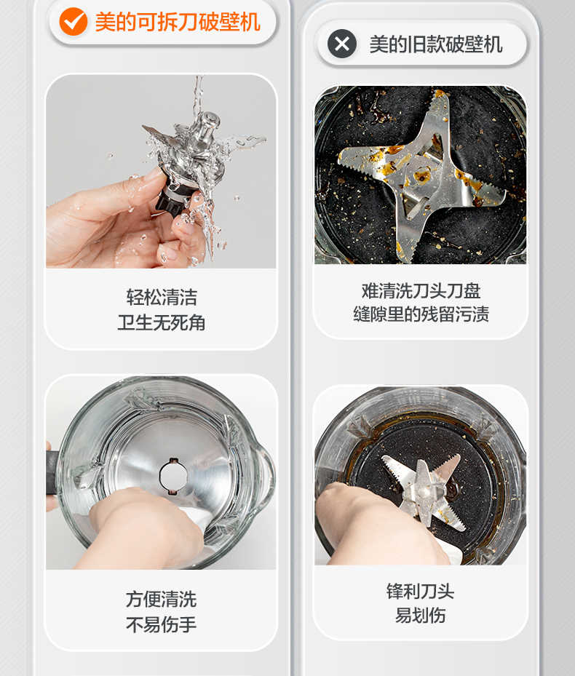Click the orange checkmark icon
coord(74,22)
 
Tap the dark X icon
coord(342,44)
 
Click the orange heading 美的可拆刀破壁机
coord(178,22)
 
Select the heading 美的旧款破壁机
coord(436,44)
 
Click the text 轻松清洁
coord(162,298)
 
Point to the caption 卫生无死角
coord(162,322)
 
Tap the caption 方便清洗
coord(162,600)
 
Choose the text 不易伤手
coord(162,624)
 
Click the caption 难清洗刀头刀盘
coord(421,291)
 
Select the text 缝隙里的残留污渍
coord(421,314)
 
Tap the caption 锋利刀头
coord(421,592)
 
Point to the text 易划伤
coord(421,615)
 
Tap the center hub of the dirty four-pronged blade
coord(420,175)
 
